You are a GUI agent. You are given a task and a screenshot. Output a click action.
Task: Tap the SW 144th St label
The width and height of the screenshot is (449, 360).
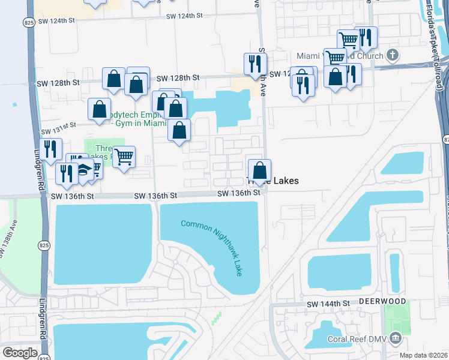coord(327,304)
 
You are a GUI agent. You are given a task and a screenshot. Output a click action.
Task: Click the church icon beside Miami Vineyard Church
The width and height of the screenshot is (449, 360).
coord(393,56)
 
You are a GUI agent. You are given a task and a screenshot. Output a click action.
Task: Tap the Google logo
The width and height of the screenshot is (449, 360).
coord(20,353)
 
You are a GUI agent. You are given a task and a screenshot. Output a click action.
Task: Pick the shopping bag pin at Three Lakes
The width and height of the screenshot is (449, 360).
coord(259,169)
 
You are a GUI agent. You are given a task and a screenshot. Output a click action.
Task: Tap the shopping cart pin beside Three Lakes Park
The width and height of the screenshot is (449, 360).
coord(124,157)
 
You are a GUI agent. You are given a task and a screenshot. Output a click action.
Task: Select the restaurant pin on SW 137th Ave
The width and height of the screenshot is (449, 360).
coord(255,63)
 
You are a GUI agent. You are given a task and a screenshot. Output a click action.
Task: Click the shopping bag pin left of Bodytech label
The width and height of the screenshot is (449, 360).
coord(100,109)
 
